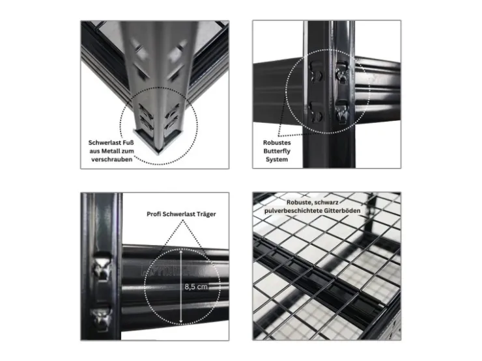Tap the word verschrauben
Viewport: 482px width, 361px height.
[111, 159]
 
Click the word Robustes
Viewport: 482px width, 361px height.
[277, 142]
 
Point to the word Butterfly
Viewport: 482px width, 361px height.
[277, 151]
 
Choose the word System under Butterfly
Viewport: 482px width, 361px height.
[277, 159]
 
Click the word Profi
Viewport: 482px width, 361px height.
[153, 214]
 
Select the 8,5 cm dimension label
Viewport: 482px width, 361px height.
[196, 287]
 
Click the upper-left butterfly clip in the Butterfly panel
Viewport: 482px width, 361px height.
[317, 72]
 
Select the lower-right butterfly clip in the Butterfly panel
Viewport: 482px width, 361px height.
[342, 112]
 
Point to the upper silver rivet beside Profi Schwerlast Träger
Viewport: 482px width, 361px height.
[103, 266]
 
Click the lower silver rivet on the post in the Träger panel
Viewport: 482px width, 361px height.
[102, 319]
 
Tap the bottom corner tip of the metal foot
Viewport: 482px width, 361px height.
[159, 153]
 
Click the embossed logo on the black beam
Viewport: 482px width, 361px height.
[172, 268]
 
